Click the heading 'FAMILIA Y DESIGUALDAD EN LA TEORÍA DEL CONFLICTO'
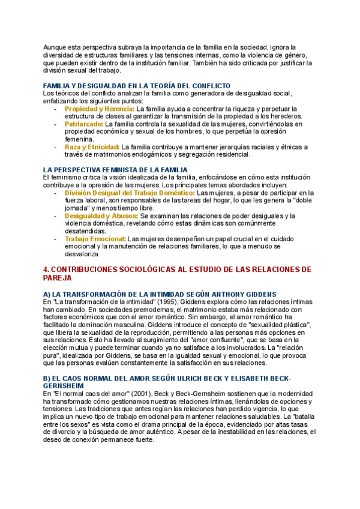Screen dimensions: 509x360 point(137,86)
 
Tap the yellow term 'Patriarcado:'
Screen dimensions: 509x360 point(84,124)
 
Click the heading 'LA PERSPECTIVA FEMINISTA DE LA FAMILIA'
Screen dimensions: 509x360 point(115,170)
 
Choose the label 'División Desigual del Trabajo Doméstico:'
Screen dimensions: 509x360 point(130,193)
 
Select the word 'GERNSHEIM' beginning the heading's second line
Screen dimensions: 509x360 point(63,385)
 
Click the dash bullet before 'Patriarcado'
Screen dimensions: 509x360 point(56,124)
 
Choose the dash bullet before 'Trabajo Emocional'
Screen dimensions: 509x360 point(56,238)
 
